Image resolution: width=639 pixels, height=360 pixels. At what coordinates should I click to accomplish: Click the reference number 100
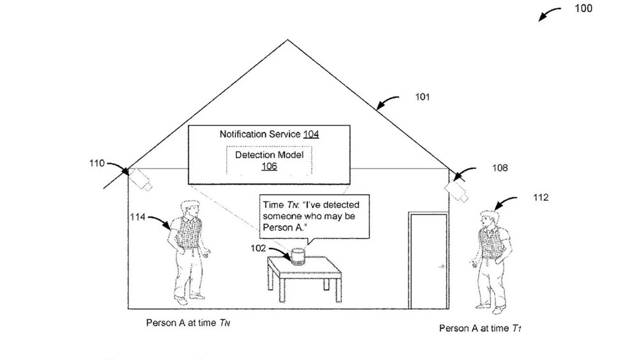pyautogui.click(x=583, y=8)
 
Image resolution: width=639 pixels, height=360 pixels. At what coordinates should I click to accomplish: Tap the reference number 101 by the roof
pyautogui.click(x=422, y=98)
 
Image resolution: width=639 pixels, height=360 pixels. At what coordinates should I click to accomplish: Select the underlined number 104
pyautogui.click(x=311, y=134)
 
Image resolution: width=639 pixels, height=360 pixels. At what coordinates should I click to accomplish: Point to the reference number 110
pyautogui.click(x=96, y=162)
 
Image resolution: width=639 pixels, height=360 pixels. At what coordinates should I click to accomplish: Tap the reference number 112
pyautogui.click(x=540, y=198)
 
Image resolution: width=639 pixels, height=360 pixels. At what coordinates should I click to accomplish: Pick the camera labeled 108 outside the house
pyautogui.click(x=457, y=189)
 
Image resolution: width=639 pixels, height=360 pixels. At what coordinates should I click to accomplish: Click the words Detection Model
pyautogui.click(x=269, y=155)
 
